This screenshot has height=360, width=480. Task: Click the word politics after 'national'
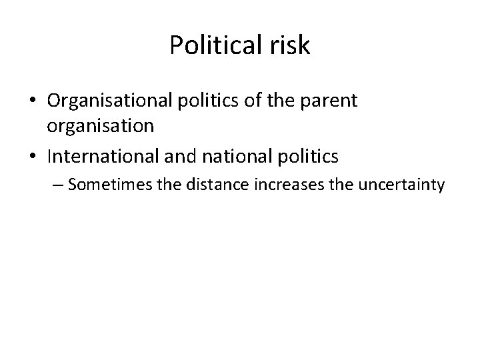pos(313,157)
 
